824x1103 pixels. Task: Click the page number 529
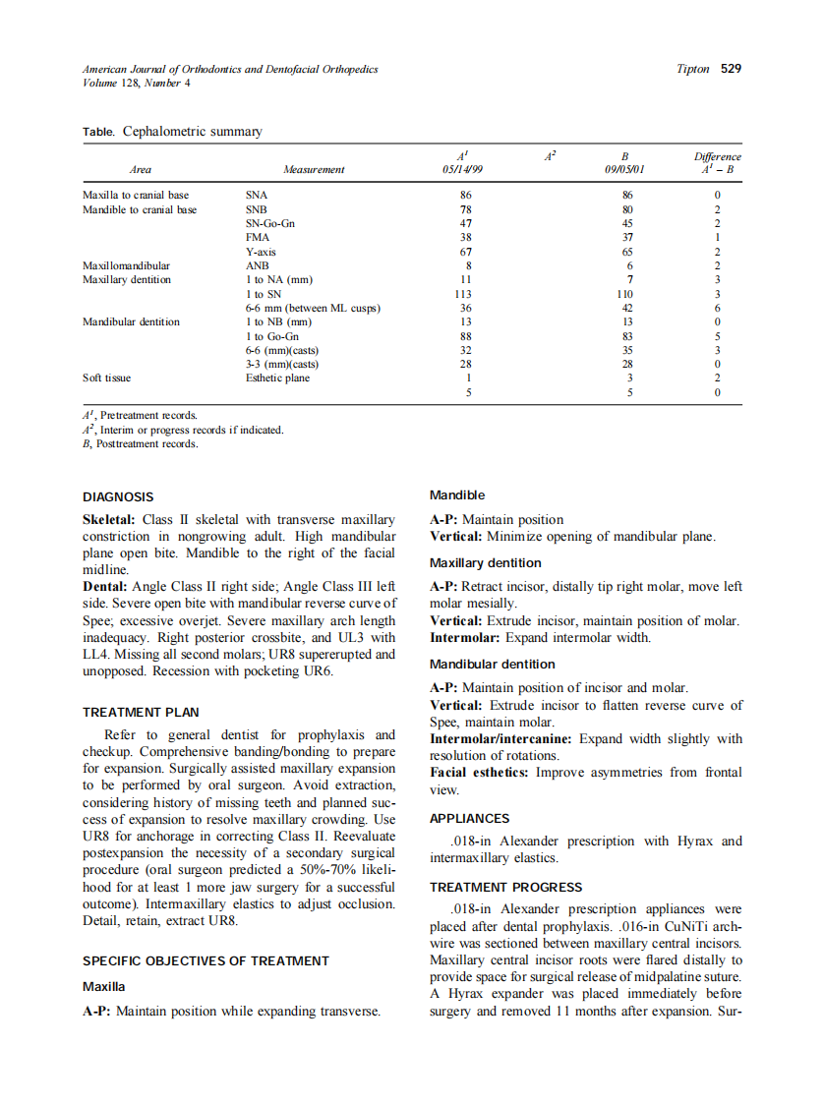(731, 69)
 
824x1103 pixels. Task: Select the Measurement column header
(314, 170)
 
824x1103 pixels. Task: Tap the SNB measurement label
(256, 209)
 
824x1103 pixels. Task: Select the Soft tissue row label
(106, 377)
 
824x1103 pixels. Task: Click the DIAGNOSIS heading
(118, 496)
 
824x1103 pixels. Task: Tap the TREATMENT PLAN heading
(137, 712)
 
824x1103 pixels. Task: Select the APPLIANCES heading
(469, 818)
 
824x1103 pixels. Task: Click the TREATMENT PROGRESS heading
(505, 887)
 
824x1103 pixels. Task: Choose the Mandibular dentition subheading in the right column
(492, 665)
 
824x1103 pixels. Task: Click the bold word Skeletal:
(108, 519)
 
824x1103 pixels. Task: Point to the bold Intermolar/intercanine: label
(500, 739)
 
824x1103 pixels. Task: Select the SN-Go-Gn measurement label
(269, 223)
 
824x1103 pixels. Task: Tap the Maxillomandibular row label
(126, 265)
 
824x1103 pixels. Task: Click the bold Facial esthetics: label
(479, 773)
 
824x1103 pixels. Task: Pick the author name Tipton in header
(693, 69)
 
